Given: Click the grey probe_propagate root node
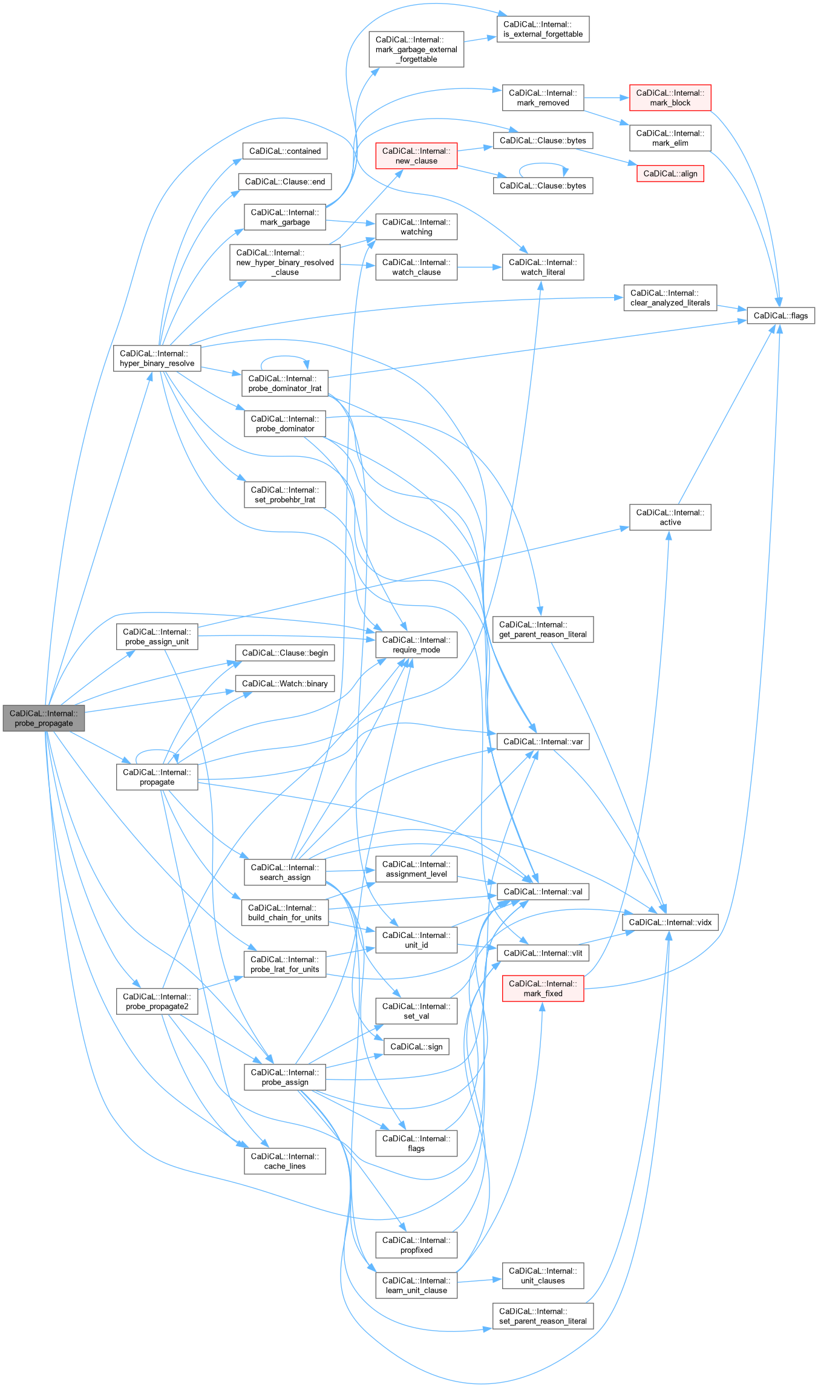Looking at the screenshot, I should pos(44,718).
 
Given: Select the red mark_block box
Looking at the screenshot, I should pos(670,97).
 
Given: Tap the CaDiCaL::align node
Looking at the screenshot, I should pos(670,174).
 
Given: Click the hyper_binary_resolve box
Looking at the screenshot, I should pos(157,358).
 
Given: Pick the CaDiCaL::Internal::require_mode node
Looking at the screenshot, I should pos(416,644).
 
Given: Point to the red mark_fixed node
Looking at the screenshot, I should pos(543,988).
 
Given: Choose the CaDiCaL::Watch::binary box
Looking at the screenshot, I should pos(284,683).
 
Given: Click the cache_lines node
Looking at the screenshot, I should pos(284,1161).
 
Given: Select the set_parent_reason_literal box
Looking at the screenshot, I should pos(543,1316).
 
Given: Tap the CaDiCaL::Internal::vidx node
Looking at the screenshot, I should pos(670,922).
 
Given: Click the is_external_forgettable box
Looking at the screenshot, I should pos(543,29).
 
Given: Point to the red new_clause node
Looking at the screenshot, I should pos(416,156).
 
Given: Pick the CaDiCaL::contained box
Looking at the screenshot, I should pos(284,151).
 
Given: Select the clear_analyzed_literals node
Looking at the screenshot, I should pos(670,298).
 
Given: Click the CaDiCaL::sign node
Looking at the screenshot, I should pos(416,1047).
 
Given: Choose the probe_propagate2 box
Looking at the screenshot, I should pos(157,1002).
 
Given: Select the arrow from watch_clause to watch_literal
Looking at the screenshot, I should pos(479,267).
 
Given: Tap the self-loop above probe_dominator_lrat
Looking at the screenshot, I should pos(284,358).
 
